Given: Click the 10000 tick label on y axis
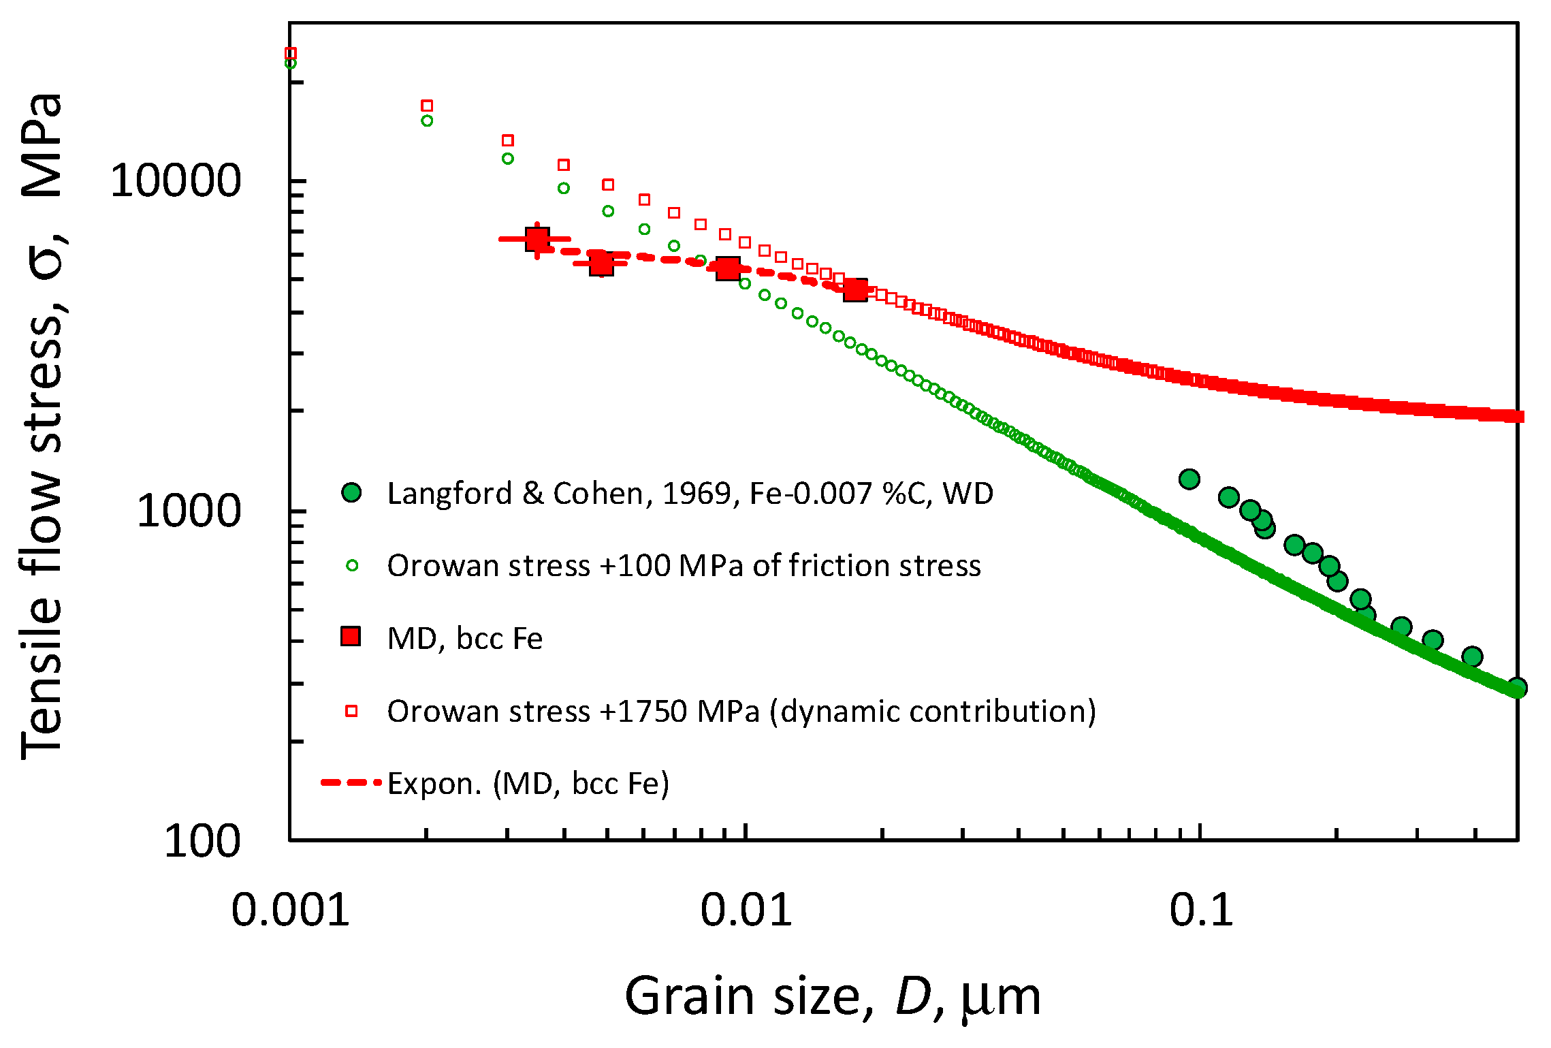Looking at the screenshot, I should [x=176, y=181].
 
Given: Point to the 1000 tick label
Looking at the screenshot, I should [x=189, y=511].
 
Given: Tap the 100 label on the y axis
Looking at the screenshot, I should [x=202, y=841].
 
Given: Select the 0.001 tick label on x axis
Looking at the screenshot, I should [x=290, y=910].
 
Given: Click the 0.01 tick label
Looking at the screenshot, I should [x=746, y=910].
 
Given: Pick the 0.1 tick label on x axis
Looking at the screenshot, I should [x=1201, y=910].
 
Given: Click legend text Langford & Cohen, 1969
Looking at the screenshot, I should [x=690, y=493].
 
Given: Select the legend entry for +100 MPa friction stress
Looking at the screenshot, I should [x=684, y=566].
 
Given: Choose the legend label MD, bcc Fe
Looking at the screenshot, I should [x=465, y=639].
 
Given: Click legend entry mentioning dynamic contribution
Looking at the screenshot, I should [x=741, y=712].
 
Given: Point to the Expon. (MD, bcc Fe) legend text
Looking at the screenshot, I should [x=528, y=784].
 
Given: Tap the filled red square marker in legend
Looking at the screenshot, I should [x=351, y=637].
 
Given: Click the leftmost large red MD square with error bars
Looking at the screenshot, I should [x=537, y=239].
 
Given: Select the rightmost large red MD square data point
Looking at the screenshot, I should [x=855, y=290].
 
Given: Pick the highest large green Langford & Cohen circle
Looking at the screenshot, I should [x=1189, y=479].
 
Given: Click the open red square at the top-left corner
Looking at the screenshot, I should [x=291, y=53].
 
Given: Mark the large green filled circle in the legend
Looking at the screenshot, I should [x=351, y=492].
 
